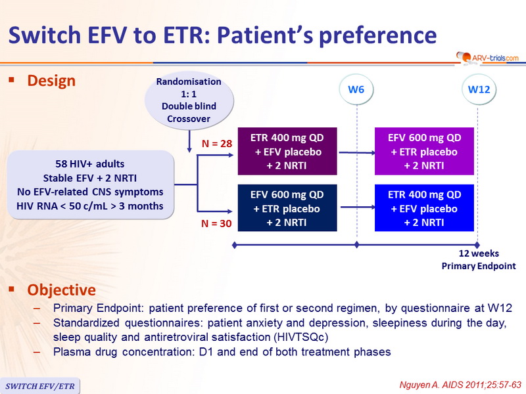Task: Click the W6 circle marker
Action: click(x=356, y=89)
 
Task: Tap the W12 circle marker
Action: click(x=479, y=89)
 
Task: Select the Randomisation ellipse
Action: click(x=189, y=100)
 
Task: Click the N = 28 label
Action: click(x=217, y=144)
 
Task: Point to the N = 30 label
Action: click(x=216, y=223)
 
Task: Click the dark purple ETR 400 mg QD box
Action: click(x=287, y=151)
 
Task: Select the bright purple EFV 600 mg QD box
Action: click(x=424, y=151)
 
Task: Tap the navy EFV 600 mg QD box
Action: click(x=287, y=208)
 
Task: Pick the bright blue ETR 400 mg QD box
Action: click(x=424, y=208)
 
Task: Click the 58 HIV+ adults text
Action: click(x=90, y=164)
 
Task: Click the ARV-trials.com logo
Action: click(x=487, y=58)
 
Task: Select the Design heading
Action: click(x=51, y=81)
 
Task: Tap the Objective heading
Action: click(x=61, y=290)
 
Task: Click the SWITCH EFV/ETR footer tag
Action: click(x=40, y=386)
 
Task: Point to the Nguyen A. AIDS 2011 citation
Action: click(x=460, y=385)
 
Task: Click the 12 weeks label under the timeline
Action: click(x=479, y=253)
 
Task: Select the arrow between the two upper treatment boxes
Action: click(x=357, y=152)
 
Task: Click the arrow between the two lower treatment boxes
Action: click(x=358, y=207)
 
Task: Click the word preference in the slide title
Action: click(x=377, y=35)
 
